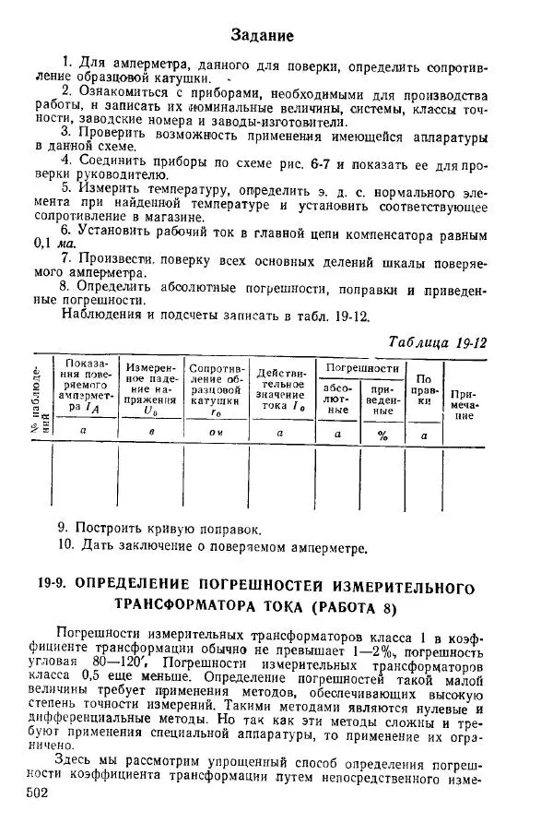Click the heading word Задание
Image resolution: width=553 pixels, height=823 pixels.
coord(263,36)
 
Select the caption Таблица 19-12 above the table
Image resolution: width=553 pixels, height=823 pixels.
coord(438,342)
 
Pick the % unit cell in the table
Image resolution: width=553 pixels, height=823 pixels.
coord(381,435)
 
